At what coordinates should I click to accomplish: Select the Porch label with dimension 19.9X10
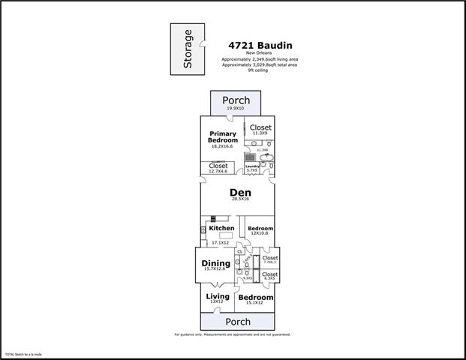coord(235,100)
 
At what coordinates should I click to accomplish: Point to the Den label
coord(239,192)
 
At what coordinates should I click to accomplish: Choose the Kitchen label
coord(222,228)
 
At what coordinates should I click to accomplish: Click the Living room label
coord(218,297)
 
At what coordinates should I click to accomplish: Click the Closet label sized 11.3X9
coord(260,127)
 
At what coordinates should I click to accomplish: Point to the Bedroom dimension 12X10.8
coord(260,233)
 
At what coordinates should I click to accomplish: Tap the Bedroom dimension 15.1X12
coord(256,303)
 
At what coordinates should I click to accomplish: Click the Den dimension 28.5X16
coord(239,200)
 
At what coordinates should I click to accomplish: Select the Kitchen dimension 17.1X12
coord(219,243)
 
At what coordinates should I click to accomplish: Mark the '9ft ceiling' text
coord(259,70)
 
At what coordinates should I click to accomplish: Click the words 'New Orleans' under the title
coord(259,53)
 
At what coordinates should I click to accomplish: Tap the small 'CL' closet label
coord(239,252)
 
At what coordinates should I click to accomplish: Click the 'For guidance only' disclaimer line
coord(233,334)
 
